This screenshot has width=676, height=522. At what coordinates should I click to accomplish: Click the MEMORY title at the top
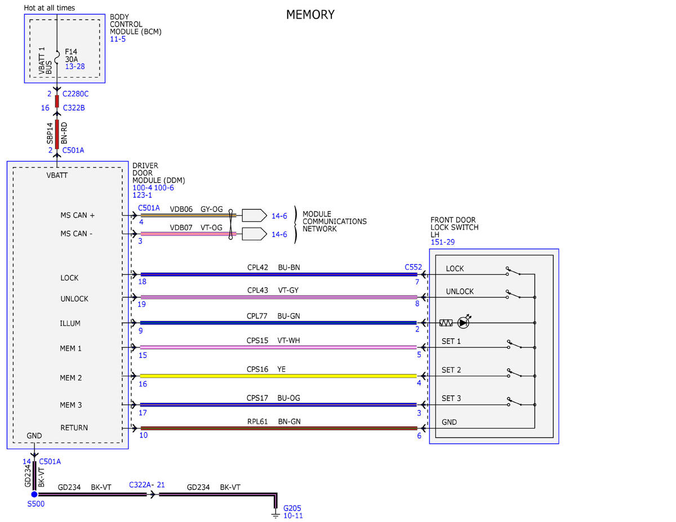[x=310, y=15]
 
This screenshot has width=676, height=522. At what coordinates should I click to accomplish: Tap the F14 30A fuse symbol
[x=57, y=57]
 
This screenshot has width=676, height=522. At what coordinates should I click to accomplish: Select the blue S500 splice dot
[x=34, y=494]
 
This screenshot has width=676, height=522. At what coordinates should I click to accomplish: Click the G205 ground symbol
[x=275, y=514]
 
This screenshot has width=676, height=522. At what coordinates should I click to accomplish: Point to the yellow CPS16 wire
[x=278, y=376]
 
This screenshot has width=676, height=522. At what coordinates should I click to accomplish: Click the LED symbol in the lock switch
[x=463, y=323]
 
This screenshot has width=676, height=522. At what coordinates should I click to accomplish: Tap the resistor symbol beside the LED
[x=446, y=323]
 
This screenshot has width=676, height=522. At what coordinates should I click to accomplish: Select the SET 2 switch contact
[x=514, y=373]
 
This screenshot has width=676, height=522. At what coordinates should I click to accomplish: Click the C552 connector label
[x=413, y=267]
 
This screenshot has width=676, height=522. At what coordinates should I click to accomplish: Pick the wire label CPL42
[x=257, y=267]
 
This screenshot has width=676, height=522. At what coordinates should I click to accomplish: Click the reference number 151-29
[x=442, y=242]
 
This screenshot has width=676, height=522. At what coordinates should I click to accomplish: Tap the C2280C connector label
[x=75, y=93]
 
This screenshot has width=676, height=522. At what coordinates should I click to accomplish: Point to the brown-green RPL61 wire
[x=279, y=428]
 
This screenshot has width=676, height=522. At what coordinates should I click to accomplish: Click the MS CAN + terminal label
[x=78, y=215]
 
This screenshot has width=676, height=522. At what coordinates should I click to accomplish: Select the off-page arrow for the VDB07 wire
[x=254, y=234]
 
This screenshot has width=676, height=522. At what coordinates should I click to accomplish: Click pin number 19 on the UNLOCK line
[x=141, y=304]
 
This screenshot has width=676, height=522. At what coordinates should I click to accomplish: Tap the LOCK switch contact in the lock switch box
[x=513, y=271]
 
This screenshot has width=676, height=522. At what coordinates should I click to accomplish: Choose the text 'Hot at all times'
[x=50, y=8]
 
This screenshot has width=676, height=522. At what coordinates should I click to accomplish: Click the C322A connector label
[x=140, y=485]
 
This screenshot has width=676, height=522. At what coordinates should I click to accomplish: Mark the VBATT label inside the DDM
[x=57, y=175]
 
